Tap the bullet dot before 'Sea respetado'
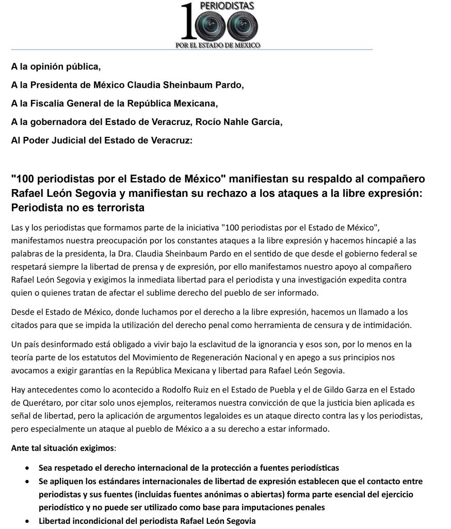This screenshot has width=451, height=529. click(27, 468)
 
